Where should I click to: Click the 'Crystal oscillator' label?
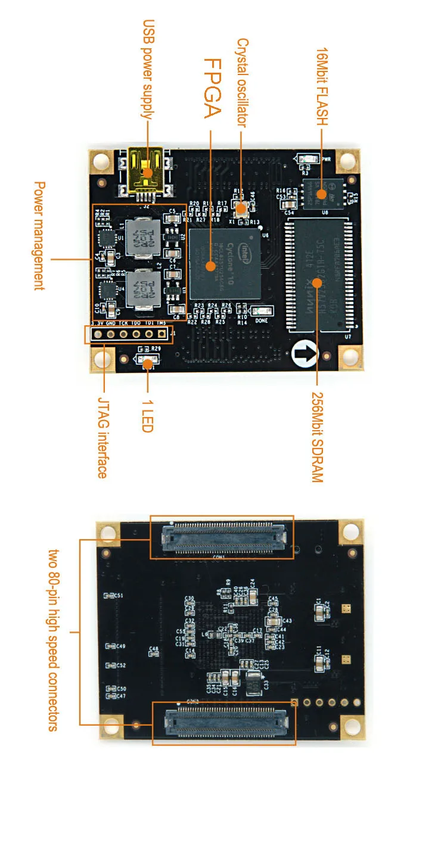pyautogui.click(x=242, y=83)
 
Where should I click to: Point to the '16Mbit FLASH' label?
pyautogui.click(x=321, y=86)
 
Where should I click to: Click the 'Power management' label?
pyautogui.click(x=39, y=236)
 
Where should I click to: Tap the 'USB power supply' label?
pyautogui.click(x=148, y=70)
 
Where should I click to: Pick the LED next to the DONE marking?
pyautogui.click(x=262, y=311)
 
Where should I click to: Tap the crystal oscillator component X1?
pyautogui.click(x=241, y=209)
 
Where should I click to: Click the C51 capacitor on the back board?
pyautogui.click(x=109, y=595)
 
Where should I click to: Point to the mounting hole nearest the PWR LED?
pyautogui.click(x=347, y=160)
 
